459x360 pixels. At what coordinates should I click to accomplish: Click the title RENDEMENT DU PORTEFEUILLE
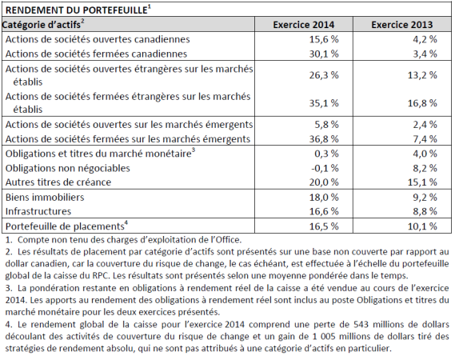point(77,10)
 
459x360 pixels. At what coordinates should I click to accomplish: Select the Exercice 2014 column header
point(304,25)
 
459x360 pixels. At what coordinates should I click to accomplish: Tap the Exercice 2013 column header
point(402,25)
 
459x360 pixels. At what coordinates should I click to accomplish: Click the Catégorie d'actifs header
point(42,25)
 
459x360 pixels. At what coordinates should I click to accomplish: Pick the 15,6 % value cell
point(324,39)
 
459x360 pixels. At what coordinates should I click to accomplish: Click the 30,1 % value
point(324,54)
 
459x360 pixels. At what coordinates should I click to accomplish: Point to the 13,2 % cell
point(422,75)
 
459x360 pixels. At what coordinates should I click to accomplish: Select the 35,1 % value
point(324,103)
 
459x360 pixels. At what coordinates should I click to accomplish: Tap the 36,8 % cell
point(324,139)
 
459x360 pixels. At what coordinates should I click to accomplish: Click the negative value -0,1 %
point(325,168)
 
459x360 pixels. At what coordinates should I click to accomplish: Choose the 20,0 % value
point(324,182)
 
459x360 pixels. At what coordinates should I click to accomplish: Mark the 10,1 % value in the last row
point(422,226)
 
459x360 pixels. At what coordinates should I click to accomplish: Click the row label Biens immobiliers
point(45,197)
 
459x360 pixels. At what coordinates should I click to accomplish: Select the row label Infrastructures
point(38,211)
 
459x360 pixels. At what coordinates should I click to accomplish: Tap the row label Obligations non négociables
point(68,168)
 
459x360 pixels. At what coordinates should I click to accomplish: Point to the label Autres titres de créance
point(58,182)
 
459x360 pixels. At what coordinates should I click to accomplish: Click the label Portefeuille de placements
point(65,226)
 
